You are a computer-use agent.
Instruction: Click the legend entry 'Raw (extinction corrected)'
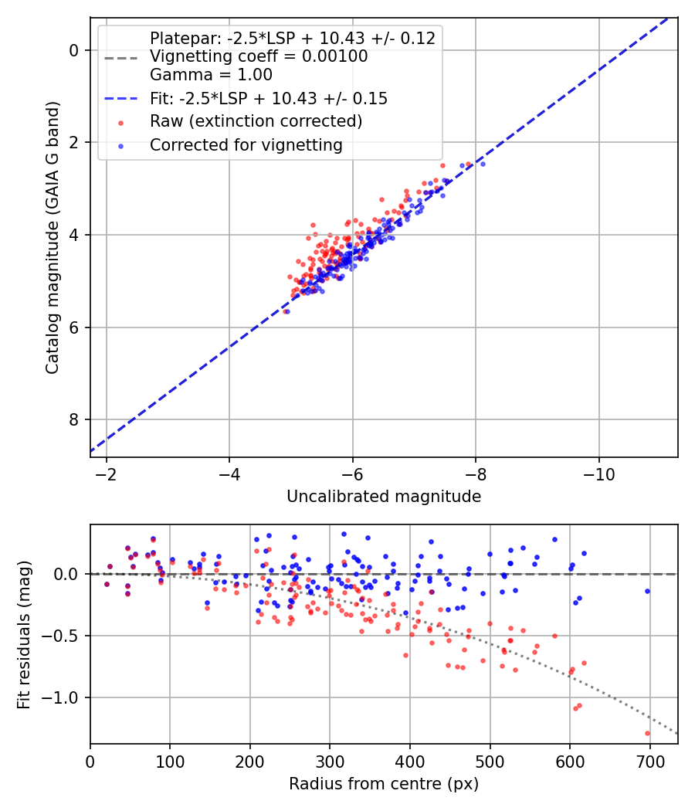256,121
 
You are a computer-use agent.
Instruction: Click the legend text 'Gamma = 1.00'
211,75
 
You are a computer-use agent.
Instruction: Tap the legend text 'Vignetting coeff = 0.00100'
259,56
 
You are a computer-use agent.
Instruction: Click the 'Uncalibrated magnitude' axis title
384,497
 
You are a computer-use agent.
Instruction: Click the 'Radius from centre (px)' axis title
384,784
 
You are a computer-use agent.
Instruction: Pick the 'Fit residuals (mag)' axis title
24,635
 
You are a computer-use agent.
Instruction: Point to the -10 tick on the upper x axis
598,473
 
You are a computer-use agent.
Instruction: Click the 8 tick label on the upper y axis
74,419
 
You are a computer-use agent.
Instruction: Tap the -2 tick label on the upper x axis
106,473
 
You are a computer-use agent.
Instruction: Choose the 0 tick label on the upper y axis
74,50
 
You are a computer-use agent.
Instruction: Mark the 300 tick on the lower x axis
330,760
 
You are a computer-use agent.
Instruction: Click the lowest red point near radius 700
647,733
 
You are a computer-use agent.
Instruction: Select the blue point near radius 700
647,591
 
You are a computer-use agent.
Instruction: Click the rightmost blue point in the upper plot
483,164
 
